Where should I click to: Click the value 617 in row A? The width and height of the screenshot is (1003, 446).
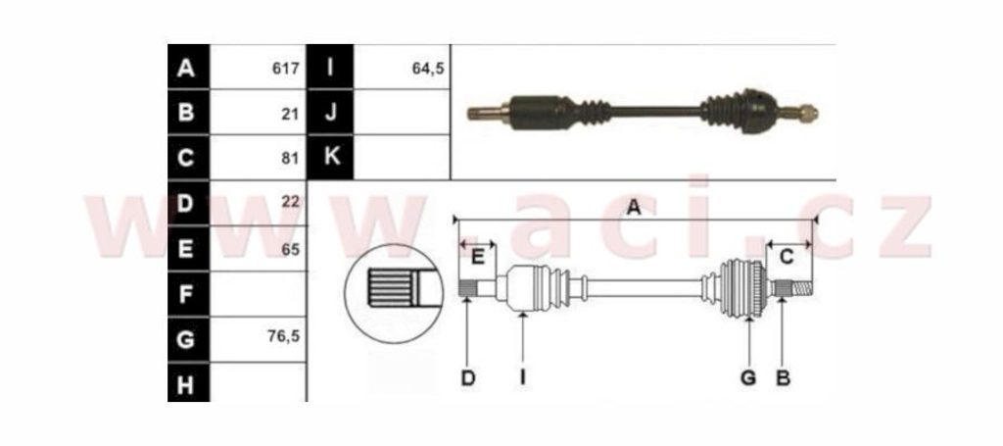click(285, 68)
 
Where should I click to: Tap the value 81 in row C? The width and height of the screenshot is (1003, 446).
click(291, 158)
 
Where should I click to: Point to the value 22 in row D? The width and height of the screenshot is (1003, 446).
click(290, 202)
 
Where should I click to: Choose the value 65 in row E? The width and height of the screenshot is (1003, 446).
click(290, 250)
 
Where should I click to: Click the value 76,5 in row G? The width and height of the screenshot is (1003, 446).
click(285, 335)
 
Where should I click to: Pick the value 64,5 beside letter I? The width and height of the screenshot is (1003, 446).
click(429, 68)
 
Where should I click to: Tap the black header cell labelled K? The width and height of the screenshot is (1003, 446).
click(330, 157)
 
